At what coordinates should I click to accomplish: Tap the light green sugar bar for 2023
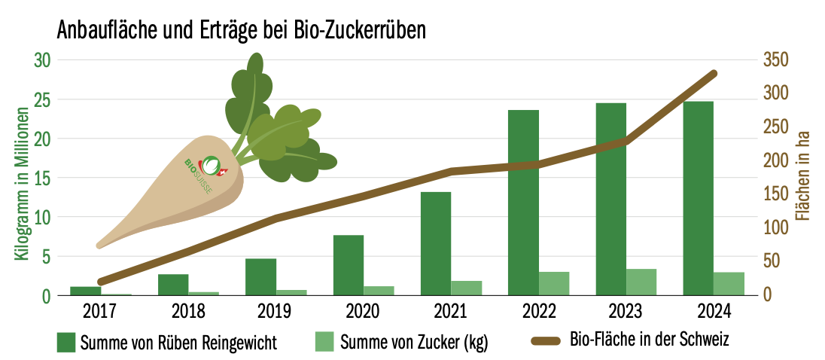pos(641,282)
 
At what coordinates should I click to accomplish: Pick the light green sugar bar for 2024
pos(729,283)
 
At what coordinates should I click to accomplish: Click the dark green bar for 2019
pos(260,276)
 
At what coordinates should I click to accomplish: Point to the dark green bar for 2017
pos(86,291)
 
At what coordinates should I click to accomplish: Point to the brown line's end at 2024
pos(714,73)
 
